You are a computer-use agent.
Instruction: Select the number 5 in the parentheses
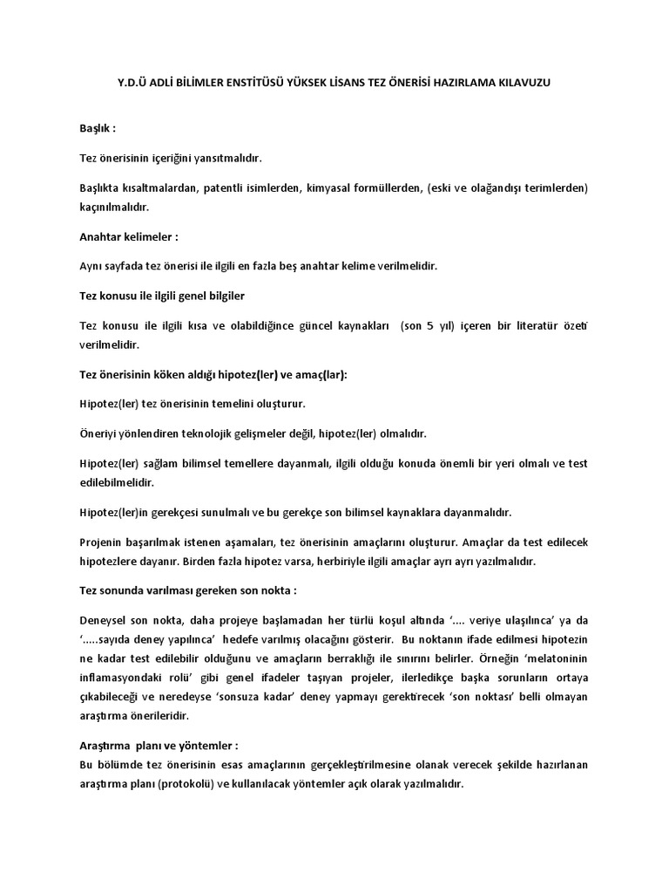[x=429, y=324]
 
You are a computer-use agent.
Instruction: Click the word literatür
[x=531, y=324]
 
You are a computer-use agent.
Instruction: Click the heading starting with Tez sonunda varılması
[x=187, y=590]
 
